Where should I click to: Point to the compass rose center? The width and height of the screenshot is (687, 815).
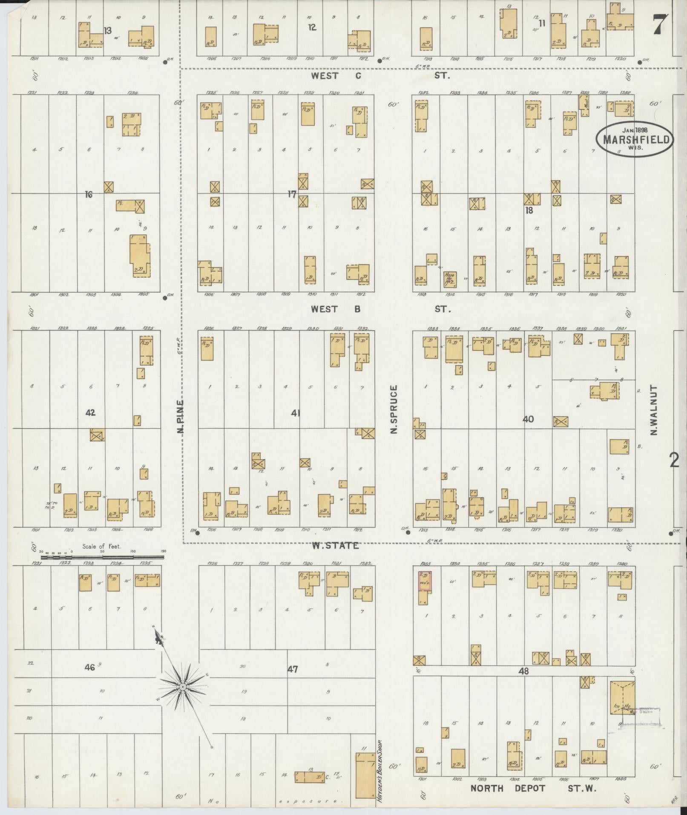pos(182,687)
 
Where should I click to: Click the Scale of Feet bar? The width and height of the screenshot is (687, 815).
pos(102,556)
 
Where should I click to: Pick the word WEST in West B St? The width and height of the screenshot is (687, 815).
pos(325,309)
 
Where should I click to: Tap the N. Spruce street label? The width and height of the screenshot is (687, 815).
pos(393,409)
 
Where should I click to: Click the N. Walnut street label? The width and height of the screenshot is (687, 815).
pos(653,410)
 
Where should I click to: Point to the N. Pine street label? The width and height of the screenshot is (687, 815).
pos(181,416)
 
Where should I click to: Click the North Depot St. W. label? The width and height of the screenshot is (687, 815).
pos(533,789)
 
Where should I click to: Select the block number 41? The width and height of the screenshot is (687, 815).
pos(295,412)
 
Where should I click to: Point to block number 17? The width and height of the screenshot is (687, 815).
pos(291,194)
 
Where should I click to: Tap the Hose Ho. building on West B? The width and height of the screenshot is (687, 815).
pos(449,278)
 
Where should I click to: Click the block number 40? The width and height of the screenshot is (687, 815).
pos(528,419)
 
